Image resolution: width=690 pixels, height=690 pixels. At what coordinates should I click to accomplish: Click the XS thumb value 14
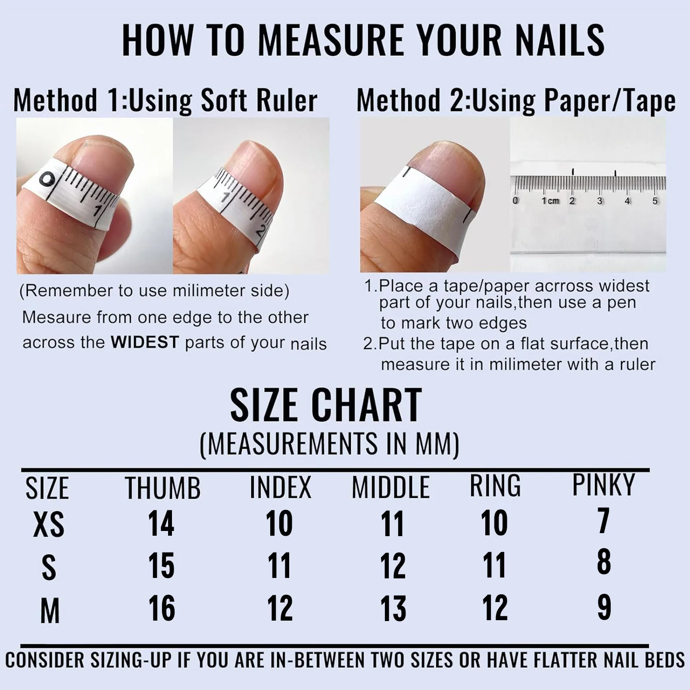coord(161,523)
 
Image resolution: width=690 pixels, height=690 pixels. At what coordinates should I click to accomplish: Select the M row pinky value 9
coord(604,607)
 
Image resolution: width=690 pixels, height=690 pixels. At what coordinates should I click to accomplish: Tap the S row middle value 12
coord(393,565)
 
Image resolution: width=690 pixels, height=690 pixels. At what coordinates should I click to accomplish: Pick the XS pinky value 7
coord(603,521)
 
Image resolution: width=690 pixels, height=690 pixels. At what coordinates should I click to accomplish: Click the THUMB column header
coord(163,488)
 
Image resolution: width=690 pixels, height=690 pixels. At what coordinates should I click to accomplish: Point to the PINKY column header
coord(603,485)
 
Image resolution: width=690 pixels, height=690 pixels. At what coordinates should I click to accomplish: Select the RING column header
coord(495,486)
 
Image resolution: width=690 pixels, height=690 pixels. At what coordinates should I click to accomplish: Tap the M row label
coord(50,611)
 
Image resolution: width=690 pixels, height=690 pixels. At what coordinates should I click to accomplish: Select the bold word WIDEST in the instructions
coord(145,342)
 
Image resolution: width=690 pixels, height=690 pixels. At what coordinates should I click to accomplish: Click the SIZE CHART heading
coord(326,405)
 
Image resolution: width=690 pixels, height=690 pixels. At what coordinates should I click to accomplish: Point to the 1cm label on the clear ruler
coord(550,201)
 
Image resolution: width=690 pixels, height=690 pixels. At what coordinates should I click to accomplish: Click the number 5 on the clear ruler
coord(655,201)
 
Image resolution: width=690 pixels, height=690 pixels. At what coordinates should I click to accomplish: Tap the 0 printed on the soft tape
coord(47,181)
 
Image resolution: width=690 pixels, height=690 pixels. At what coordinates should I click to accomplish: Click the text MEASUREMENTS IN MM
coord(330,443)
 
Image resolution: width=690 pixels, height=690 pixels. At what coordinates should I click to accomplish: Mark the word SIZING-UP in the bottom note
coord(132,660)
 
